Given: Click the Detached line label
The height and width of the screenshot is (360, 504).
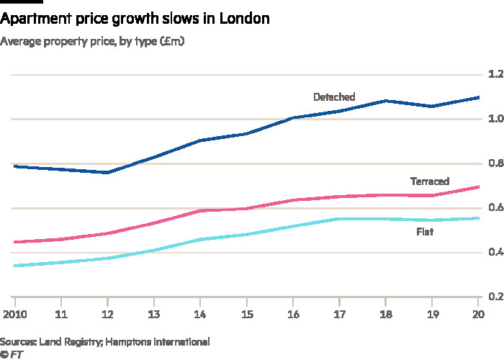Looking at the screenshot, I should coord(333,97).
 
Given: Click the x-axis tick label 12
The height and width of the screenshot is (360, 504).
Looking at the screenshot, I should coord(107,315).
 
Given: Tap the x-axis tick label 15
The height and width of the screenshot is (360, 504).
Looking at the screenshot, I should coord(247,315).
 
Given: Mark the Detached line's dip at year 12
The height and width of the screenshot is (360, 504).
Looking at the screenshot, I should coord(107,172).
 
